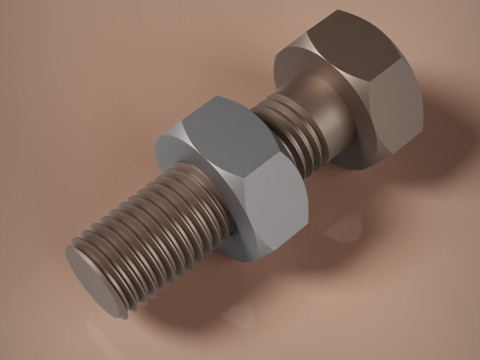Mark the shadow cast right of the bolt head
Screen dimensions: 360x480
coord(440,150)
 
